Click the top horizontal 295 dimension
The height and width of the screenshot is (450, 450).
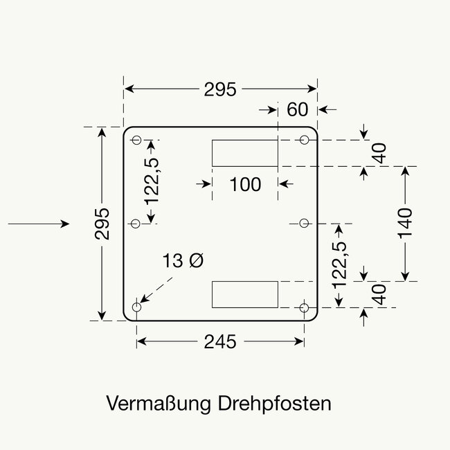pos(220,89)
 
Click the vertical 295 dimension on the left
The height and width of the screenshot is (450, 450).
pos(102,223)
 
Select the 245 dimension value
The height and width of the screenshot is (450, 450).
pos(220,341)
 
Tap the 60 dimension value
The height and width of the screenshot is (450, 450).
pos(297,109)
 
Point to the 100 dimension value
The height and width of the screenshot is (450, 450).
pos(245,184)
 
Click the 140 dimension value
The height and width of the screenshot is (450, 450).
pos(406,223)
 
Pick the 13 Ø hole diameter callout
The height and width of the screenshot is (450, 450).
pos(184,261)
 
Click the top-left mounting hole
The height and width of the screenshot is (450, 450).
pos(136,140)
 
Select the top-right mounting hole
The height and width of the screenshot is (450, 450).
pos(304,140)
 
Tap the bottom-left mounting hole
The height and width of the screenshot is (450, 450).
pos(136,307)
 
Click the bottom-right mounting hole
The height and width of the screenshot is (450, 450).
pos(304,307)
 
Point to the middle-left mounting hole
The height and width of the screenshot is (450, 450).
pos(136,223)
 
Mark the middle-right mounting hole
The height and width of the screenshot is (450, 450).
pos(304,223)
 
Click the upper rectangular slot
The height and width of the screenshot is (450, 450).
pos(244,153)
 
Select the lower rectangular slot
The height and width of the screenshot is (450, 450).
pos(244,294)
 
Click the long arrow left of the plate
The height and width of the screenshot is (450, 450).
pos(38,224)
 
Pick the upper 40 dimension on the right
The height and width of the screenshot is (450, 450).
pos(379,153)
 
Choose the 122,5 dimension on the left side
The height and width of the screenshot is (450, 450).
pos(152,181)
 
